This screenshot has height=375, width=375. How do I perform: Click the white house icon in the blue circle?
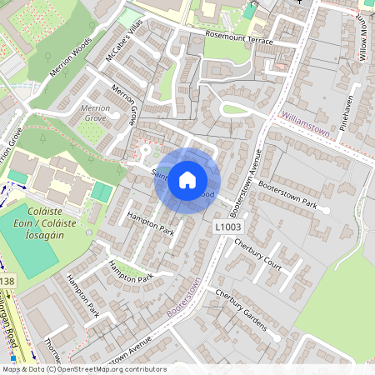pyautogui.click(x=187, y=180)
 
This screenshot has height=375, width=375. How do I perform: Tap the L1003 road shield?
pyautogui.click(x=228, y=226)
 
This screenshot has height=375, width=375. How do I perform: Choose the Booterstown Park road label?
pyautogui.click(x=287, y=192)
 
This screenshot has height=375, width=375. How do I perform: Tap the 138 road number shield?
pyautogui.click(x=7, y=282)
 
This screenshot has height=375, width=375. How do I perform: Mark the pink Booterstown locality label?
pyautogui.click(x=184, y=297)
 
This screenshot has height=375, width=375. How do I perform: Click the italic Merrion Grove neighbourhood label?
pyautogui.click(x=93, y=113)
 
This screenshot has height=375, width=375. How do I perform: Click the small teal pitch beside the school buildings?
pyautogui.click(x=102, y=192)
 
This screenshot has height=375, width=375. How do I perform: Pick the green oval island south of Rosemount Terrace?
pyautogui.click(x=235, y=109)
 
